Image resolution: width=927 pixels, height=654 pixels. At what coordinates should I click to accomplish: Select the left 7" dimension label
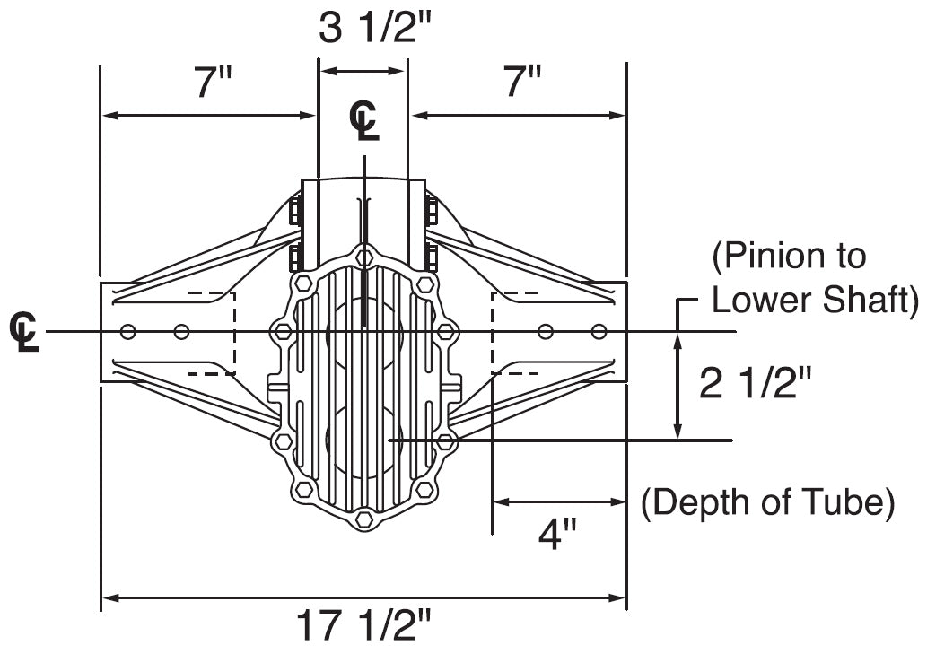click(x=213, y=84)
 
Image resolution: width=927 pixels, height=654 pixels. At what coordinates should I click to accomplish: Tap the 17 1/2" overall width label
click(x=364, y=625)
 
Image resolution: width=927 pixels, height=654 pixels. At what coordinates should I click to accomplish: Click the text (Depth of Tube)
click(x=767, y=502)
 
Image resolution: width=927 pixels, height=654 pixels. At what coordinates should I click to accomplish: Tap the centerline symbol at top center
click(x=364, y=120)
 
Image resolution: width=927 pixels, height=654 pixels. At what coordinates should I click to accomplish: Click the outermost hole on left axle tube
click(x=128, y=333)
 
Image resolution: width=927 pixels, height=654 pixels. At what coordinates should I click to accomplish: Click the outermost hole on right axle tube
click(x=599, y=333)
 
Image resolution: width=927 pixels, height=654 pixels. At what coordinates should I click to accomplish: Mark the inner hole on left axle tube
click(x=181, y=333)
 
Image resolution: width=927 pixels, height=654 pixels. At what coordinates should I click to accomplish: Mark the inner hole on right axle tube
click(x=545, y=333)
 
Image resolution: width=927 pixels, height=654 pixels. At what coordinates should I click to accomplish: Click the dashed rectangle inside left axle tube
click(x=212, y=333)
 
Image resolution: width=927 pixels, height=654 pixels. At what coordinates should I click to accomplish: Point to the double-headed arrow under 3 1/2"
click(x=363, y=71)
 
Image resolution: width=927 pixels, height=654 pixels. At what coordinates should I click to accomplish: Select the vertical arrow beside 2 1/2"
click(x=678, y=385)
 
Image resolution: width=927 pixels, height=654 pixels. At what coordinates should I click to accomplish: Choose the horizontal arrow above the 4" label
click(x=558, y=502)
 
